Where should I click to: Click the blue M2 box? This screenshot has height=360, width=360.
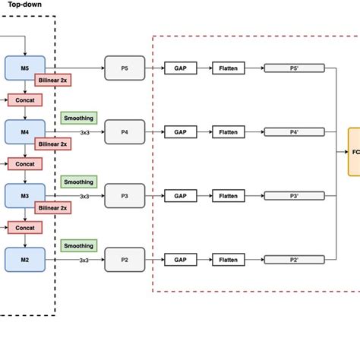point(25,259)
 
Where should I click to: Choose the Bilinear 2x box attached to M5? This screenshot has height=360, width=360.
point(53,80)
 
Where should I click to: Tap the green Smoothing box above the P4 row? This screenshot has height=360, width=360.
point(79,118)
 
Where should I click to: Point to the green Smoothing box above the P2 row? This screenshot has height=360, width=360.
point(79,245)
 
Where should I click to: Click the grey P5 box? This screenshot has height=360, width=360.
point(125,68)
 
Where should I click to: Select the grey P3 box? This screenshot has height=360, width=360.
point(125,195)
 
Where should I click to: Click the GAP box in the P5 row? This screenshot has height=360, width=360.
point(180,68)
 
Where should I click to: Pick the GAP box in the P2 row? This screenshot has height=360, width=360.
point(180,259)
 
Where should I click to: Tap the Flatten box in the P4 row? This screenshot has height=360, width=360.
point(229,131)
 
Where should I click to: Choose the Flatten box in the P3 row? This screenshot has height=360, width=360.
point(229,195)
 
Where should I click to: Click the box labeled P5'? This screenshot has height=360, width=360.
point(294,68)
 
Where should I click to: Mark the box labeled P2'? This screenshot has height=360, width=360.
point(294,259)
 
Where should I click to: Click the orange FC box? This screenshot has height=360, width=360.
point(354,151)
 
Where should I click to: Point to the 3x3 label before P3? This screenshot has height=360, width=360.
point(84,196)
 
